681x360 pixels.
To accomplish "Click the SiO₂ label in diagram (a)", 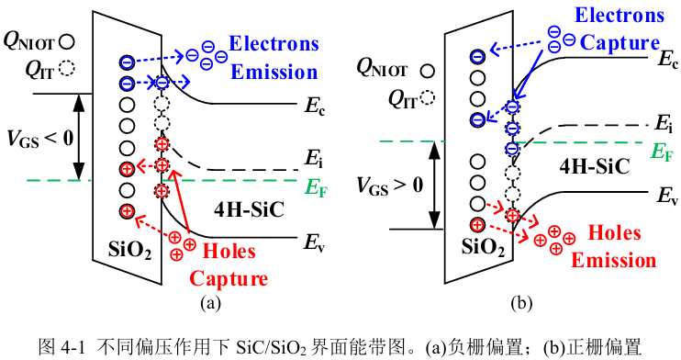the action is click(129, 250).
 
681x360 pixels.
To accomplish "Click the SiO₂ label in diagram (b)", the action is click(483, 247).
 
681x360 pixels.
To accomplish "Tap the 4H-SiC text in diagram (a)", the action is click(249, 209).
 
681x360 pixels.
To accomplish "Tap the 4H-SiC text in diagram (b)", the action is click(595, 166).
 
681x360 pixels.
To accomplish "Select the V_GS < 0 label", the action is click(39, 139).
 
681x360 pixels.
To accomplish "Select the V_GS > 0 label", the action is click(389, 186).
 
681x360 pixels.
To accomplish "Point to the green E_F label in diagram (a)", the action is click(316, 188).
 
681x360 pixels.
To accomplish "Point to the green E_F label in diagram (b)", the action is click(662, 152).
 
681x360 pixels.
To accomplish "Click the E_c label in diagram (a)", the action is click(315, 107).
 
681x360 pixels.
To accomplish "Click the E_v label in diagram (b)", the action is click(666, 197).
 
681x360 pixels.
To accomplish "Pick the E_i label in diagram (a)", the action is click(314, 158).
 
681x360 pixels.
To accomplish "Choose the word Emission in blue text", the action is click(274, 73).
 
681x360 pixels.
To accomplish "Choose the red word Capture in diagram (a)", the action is click(229, 279).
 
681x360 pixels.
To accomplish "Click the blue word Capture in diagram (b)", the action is click(620, 42).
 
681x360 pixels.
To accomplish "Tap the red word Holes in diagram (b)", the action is click(614, 233).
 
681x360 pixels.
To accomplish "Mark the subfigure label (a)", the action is click(211, 303).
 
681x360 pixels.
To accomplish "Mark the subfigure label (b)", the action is click(521, 303).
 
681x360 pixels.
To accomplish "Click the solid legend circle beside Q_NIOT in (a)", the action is click(66, 42).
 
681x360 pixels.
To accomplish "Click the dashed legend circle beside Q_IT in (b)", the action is click(428, 97).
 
